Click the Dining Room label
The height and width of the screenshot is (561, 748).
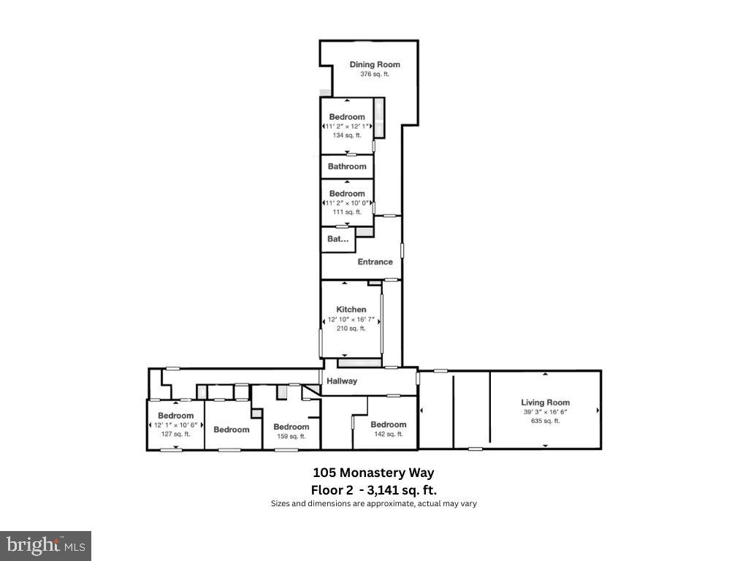tap(375, 64)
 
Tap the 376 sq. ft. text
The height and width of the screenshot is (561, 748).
tap(375, 75)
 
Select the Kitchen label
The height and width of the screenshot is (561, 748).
tap(351, 310)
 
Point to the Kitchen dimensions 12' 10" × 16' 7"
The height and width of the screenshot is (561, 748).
tap(351, 319)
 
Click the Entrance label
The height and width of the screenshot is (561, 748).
tap(375, 262)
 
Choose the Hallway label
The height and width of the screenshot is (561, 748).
tap(342, 381)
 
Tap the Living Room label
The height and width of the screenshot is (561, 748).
tap(545, 402)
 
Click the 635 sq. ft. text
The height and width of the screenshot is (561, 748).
tap(545, 421)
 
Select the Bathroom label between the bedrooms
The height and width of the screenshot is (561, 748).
tap(347, 167)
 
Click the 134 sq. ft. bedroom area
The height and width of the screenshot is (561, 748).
tap(347, 135)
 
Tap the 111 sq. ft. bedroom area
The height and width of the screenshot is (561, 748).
tap(347, 212)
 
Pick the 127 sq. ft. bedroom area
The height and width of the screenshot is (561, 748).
tap(176, 434)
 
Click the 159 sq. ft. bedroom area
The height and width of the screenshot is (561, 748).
tap(291, 436)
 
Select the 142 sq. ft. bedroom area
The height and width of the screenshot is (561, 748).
tap(388, 434)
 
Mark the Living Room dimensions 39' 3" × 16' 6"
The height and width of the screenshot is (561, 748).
tap(545, 412)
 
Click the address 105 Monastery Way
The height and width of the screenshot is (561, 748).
tap(373, 473)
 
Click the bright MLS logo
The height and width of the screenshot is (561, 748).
tap(45, 545)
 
